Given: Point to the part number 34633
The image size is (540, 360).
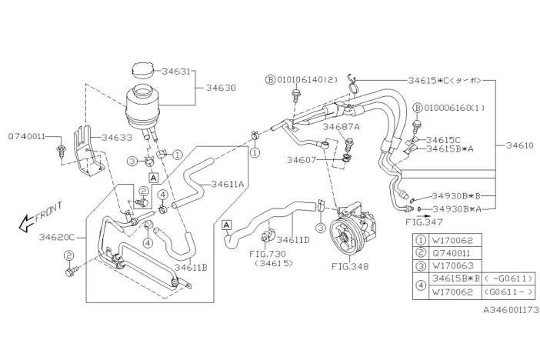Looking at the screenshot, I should pos(118,137).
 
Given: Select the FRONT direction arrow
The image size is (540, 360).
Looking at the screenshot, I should pos(42,216).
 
